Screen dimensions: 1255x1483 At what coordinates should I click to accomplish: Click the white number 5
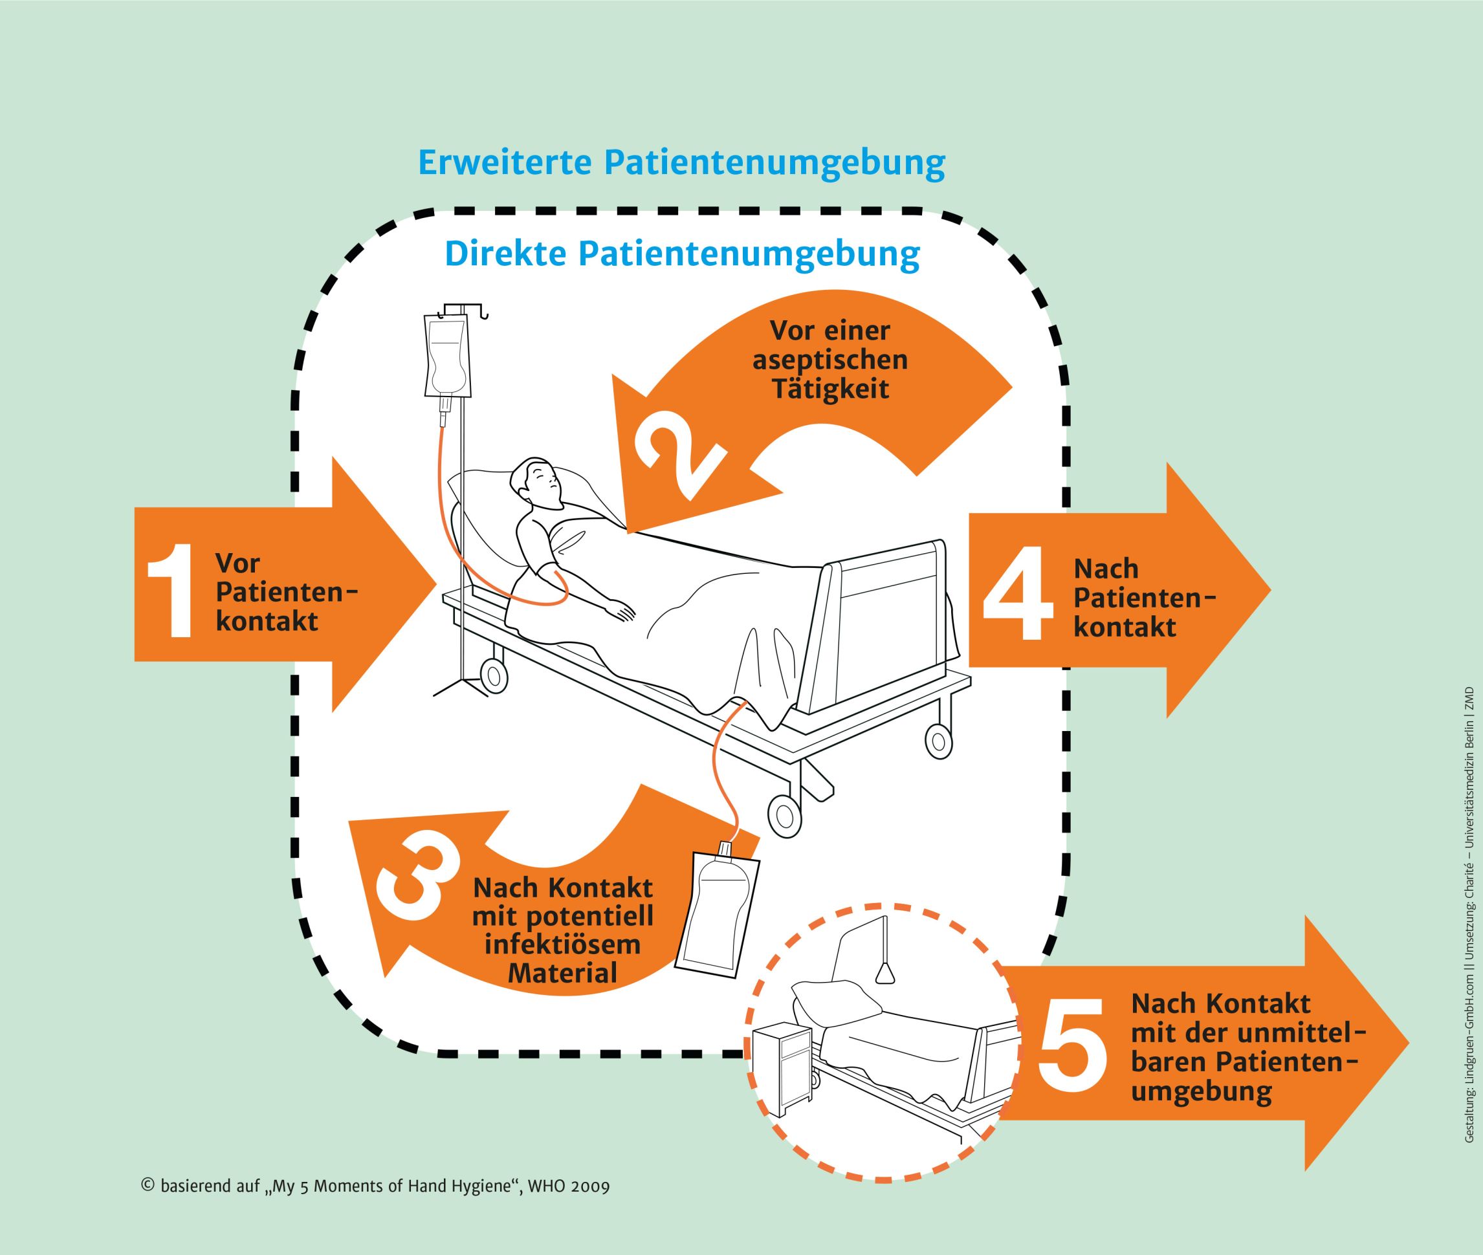pyautogui.click(x=1072, y=1049)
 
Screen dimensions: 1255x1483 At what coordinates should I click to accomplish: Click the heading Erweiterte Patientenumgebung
pyautogui.click(x=682, y=163)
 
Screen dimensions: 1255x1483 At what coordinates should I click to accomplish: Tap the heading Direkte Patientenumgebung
pyautogui.click(x=682, y=254)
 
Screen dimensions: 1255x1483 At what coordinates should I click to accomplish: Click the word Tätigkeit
pyautogui.click(x=829, y=389)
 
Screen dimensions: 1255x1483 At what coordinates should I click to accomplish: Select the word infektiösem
pyautogui.click(x=562, y=944)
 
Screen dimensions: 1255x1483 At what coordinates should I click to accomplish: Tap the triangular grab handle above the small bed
pyautogui.click(x=885, y=973)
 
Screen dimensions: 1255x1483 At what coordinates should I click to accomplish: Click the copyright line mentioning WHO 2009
pyautogui.click(x=376, y=1186)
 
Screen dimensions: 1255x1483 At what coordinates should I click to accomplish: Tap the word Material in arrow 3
pyautogui.click(x=562, y=973)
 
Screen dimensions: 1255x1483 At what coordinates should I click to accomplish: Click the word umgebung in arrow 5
pyautogui.click(x=1200, y=1093)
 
